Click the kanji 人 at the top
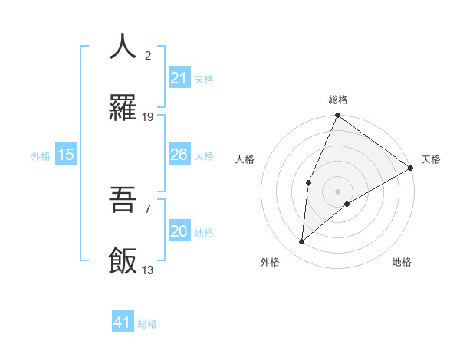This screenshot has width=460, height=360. click(x=123, y=46)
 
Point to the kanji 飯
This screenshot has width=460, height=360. click(x=123, y=261)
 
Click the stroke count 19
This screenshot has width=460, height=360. click(x=148, y=117)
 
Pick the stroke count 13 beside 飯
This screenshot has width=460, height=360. click(x=148, y=270)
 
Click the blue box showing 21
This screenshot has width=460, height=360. click(x=179, y=78)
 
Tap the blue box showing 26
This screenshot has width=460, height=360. click(x=179, y=155)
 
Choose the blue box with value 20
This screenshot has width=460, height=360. click(x=179, y=231)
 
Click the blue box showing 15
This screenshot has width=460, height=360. click(x=66, y=155)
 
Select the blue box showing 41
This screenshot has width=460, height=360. click(x=123, y=322)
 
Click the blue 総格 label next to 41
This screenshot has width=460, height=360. click(x=147, y=324)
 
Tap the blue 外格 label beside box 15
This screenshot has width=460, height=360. click(x=41, y=156)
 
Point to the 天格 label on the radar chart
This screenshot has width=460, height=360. click(x=431, y=159)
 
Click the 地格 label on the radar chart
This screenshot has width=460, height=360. click(x=402, y=262)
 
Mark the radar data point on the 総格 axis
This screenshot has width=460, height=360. click(x=337, y=116)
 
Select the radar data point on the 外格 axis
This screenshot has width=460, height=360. click(x=301, y=242)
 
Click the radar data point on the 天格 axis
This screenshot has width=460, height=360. click(x=411, y=168)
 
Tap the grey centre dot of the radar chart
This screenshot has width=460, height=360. click(x=337, y=191)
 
